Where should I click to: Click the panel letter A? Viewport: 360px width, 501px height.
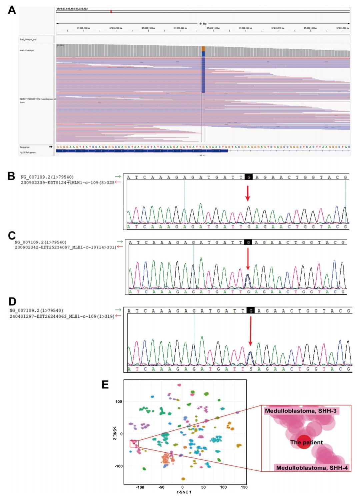pyautogui.click(x=12, y=10)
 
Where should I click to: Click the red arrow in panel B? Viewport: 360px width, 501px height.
pyautogui.click(x=247, y=193)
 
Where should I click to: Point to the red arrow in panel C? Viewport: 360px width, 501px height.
pyautogui.click(x=248, y=259)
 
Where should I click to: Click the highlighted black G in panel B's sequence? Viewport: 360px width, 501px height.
pyautogui.click(x=248, y=177)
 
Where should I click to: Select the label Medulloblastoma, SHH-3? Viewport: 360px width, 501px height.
pyautogui.click(x=300, y=411)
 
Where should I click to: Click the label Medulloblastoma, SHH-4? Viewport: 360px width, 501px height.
pyautogui.click(x=312, y=468)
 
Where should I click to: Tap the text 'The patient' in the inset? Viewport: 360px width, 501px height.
pyautogui.click(x=306, y=442)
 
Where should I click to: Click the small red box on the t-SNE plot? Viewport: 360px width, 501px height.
pyautogui.click(x=134, y=443)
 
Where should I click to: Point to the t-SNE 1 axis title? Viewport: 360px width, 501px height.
pyautogui.click(x=184, y=492)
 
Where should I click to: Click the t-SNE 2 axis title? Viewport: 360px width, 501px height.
pyautogui.click(x=115, y=433)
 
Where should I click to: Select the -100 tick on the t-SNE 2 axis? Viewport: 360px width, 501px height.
pyautogui.click(x=119, y=466)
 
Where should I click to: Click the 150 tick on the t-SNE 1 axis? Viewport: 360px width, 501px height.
pyautogui.click(x=244, y=487)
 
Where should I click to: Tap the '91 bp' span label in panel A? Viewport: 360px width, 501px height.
pyautogui.click(x=203, y=24)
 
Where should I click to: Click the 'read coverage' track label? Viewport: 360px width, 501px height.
pyautogui.click(x=27, y=50)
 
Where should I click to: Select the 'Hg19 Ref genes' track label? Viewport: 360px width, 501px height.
pyautogui.click(x=27, y=153)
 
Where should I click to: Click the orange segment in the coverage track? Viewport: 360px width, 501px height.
pyautogui.click(x=203, y=49)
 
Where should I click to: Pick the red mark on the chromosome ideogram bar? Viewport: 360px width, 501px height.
pyautogui.click(x=111, y=12)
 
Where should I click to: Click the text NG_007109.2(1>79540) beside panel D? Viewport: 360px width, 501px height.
pyautogui.click(x=36, y=310)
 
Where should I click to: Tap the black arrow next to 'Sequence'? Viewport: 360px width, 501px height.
pyautogui.click(x=51, y=147)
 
